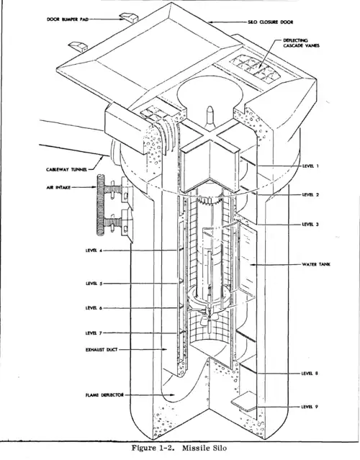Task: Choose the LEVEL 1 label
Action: [312, 166]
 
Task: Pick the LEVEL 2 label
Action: [312, 194]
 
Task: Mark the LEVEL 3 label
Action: [312, 224]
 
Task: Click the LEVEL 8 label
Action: [312, 374]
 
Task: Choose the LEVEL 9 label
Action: [312, 407]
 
